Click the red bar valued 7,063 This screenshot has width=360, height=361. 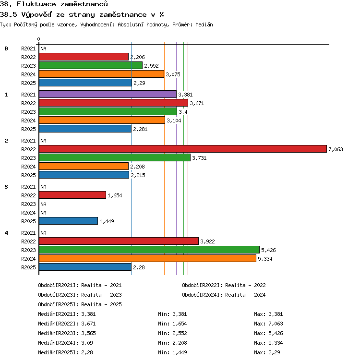[183, 149]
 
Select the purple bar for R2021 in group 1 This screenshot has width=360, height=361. [108, 94]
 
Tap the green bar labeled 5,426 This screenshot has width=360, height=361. [149, 250]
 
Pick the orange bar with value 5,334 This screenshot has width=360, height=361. [147, 258]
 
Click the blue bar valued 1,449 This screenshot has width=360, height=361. [68, 221]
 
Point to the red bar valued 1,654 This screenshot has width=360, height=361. [72, 195]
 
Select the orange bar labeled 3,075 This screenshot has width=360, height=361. [101, 74]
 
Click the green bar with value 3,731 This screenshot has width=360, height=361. [115, 158]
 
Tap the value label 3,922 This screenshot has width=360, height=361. [207, 241]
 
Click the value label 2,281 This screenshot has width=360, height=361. [140, 129]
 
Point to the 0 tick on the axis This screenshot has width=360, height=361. [38, 39]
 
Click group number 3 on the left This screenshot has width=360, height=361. [6, 187]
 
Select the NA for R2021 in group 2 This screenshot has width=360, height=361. [43, 141]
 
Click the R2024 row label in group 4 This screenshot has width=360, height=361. [28, 259]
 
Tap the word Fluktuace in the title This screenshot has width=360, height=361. [36, 4]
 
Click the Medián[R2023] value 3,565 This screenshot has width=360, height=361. [88, 333]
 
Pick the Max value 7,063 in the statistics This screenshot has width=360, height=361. [276, 324]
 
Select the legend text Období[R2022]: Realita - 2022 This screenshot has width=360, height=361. [224, 285]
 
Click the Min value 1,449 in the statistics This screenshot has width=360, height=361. [180, 352]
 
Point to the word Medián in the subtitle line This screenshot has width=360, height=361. [204, 24]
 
